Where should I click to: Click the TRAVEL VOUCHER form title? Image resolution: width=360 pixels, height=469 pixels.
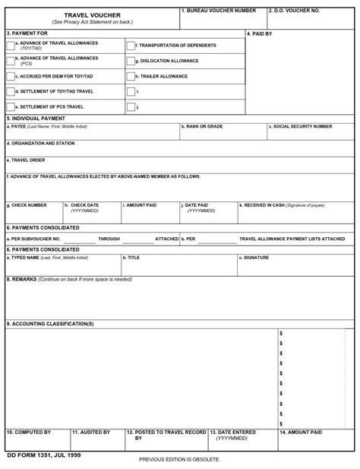(x=87, y=14)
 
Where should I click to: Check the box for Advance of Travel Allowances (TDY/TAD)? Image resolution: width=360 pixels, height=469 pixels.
(x=10, y=46)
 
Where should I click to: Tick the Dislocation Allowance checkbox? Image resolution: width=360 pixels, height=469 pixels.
(x=131, y=61)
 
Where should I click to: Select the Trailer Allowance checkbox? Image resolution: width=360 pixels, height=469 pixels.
(x=131, y=76)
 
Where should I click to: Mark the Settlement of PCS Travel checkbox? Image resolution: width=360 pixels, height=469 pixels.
(x=10, y=106)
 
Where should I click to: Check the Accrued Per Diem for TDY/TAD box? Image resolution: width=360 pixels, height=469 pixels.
(x=10, y=76)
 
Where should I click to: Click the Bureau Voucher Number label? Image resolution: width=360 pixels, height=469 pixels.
(x=219, y=11)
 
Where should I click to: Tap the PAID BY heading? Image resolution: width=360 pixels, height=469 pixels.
(x=260, y=33)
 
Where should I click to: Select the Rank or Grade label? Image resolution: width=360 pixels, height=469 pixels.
(x=203, y=126)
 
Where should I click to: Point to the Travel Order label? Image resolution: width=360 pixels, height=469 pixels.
(x=27, y=160)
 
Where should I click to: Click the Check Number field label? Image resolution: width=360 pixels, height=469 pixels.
(x=28, y=205)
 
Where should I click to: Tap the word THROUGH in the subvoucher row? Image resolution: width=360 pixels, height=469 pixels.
(x=109, y=239)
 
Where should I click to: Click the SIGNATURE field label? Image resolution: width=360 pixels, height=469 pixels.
(x=255, y=258)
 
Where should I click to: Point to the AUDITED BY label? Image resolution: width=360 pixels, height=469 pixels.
(x=92, y=432)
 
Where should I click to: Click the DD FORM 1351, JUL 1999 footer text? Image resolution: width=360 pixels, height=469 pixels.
(x=43, y=455)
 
